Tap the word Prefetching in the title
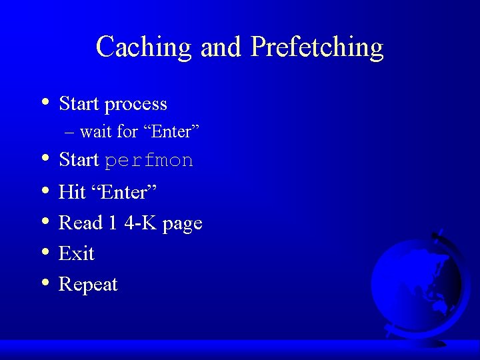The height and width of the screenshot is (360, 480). [317, 47]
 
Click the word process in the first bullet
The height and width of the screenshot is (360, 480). [136, 105]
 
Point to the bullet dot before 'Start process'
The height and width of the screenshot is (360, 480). [44, 103]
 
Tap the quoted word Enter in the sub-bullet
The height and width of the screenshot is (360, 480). [171, 132]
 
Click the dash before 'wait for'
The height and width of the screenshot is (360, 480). [71, 132]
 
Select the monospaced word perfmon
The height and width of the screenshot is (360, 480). [149, 161]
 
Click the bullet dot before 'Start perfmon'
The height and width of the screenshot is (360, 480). [44, 159]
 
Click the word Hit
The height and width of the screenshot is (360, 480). [72, 192]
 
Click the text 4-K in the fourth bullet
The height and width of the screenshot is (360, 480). [141, 223]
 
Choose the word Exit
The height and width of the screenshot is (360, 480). [77, 253]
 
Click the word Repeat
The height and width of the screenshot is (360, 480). [88, 285]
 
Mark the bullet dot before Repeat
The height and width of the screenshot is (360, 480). [44, 283]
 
